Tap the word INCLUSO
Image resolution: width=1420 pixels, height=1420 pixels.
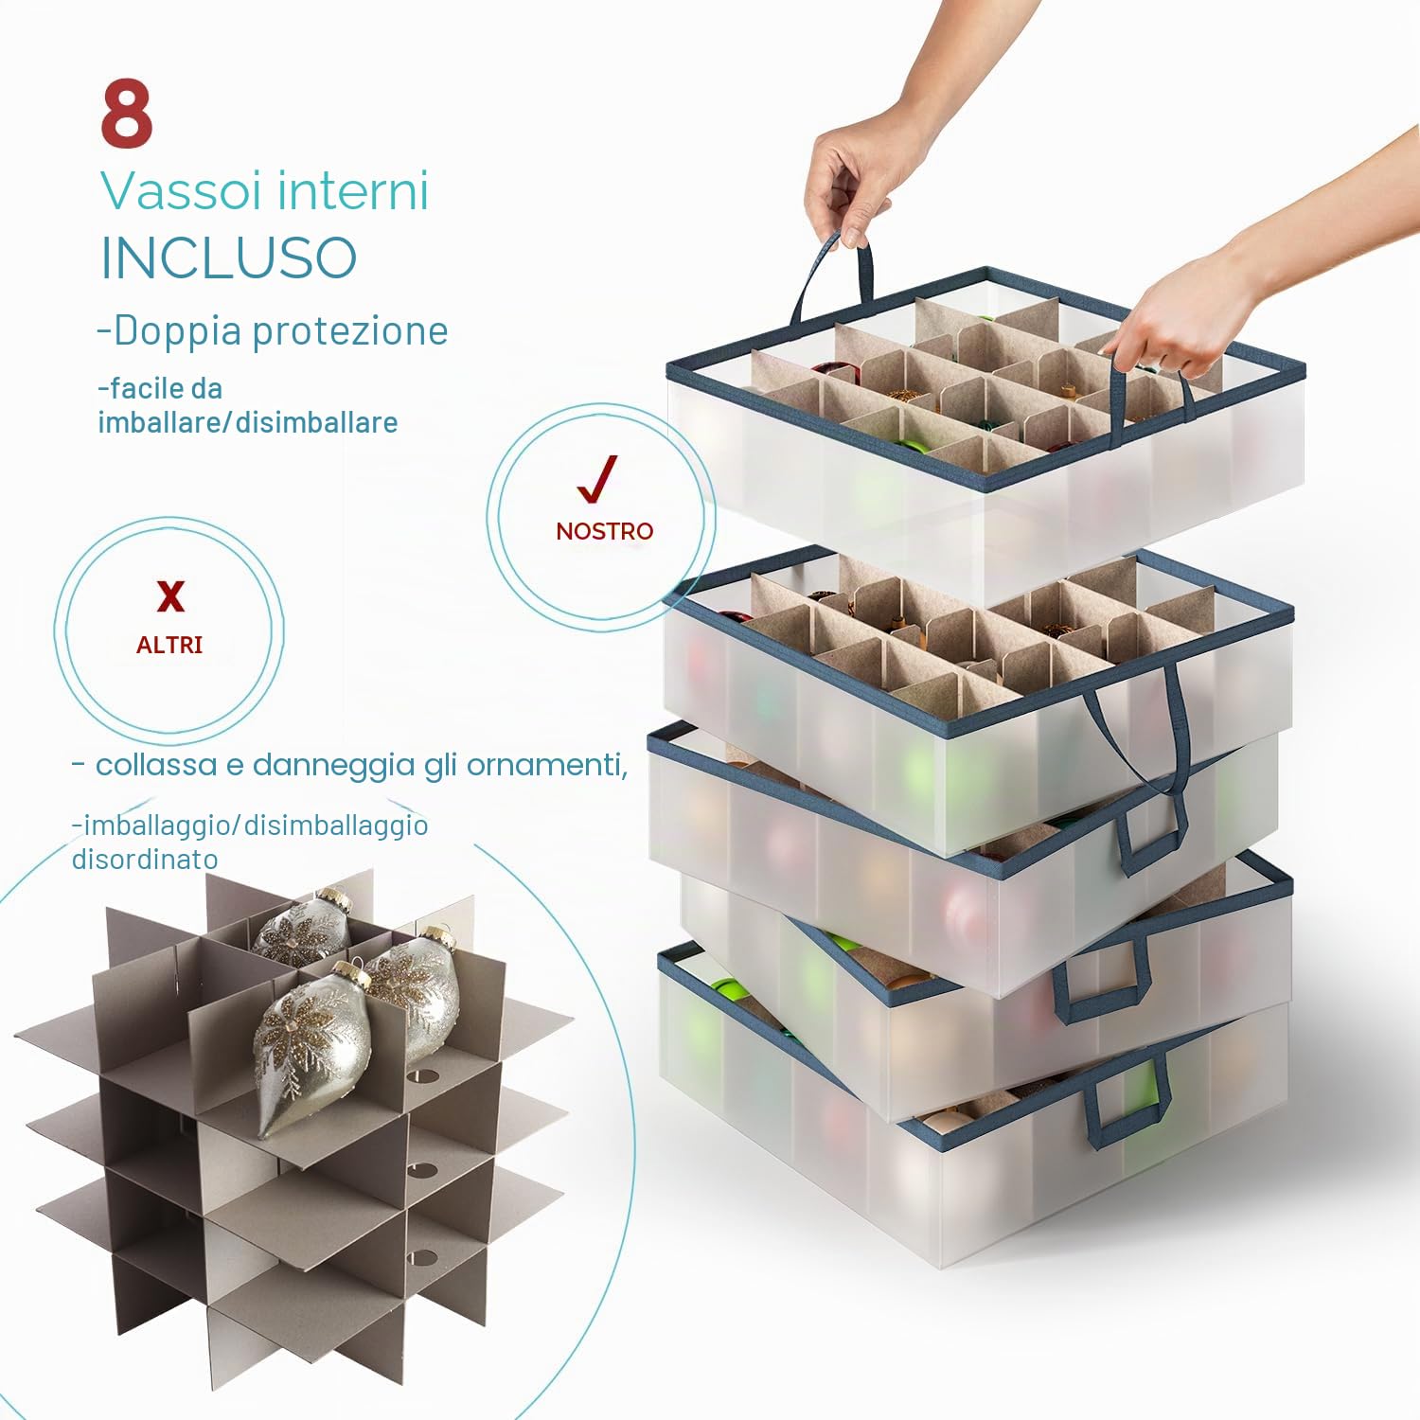coord(229,257)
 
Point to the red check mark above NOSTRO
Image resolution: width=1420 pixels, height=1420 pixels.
coord(597,478)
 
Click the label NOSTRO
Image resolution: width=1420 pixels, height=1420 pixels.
coord(605,531)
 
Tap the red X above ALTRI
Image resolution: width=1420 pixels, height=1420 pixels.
coord(170,596)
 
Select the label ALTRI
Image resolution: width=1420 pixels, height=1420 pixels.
coord(169,645)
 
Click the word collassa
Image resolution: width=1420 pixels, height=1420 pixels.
coord(156,764)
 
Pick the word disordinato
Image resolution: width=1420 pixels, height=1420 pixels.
coord(145,859)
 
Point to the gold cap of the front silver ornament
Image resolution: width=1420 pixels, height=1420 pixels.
coord(353,971)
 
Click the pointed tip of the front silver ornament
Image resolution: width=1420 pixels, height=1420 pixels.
coord(266,1131)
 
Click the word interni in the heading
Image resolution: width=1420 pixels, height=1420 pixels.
coord(354,190)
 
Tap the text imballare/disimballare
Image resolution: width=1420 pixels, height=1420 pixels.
coord(248,422)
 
